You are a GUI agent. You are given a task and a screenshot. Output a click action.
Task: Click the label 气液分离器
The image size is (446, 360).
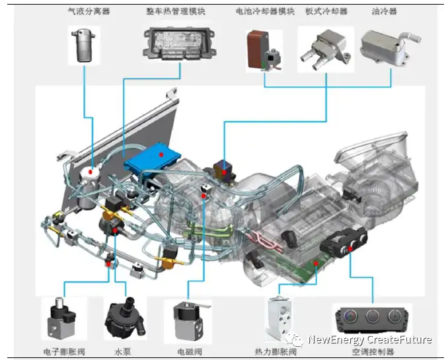click(89, 11)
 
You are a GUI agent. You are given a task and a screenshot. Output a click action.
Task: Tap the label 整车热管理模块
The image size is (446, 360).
click(176, 11)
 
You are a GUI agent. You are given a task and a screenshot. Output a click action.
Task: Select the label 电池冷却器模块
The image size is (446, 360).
click(265, 11)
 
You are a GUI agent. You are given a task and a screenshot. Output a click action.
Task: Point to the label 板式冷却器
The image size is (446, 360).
click(326, 11)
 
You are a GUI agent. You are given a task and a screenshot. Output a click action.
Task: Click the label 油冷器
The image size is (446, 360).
click(384, 11)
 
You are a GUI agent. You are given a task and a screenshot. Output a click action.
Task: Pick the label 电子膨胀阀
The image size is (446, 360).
click(64, 352)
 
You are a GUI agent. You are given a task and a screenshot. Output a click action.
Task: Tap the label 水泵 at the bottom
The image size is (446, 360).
click(123, 352)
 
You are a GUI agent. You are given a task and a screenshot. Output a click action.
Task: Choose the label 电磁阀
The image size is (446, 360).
click(190, 352)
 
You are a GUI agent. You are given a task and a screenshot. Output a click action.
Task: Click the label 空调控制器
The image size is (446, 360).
click(373, 352)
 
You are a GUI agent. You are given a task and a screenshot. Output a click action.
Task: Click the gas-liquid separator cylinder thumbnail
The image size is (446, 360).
click(83, 45)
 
